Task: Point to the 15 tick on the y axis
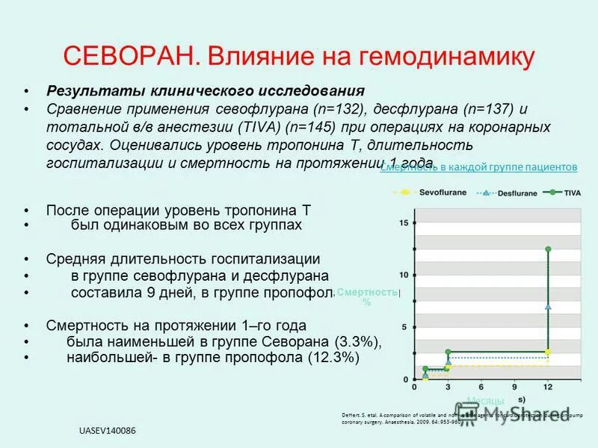pos(404,223)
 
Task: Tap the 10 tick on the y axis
pos(404,275)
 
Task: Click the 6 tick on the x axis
pos(481,387)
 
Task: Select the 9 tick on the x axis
pos(514,387)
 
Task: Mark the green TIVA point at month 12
pos(549,249)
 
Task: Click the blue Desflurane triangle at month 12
pos(549,306)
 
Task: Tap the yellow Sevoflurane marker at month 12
pos(549,352)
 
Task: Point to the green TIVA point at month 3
pos(448,352)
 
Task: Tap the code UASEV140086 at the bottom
pos(108,432)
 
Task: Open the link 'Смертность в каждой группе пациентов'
pos(479,167)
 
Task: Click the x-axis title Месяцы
pos(485,401)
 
